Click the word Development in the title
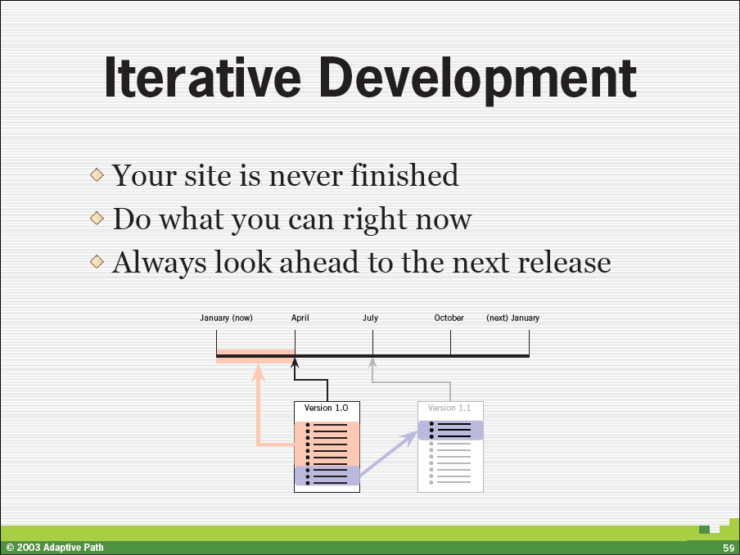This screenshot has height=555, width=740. click(x=478, y=79)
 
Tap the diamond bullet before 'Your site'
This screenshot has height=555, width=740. click(x=97, y=174)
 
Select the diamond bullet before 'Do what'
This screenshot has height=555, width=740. click(x=97, y=218)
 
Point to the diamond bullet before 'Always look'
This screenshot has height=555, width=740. click(x=97, y=261)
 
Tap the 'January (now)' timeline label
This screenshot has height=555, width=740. click(x=226, y=318)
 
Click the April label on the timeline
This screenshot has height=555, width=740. click(x=300, y=318)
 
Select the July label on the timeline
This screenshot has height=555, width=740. click(x=371, y=318)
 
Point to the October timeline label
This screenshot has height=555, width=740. click(x=449, y=318)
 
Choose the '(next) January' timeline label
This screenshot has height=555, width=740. click(x=512, y=318)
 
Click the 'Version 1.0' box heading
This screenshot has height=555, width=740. click(x=326, y=408)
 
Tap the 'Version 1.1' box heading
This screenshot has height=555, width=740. click(x=449, y=408)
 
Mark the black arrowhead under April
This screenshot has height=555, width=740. click(x=295, y=363)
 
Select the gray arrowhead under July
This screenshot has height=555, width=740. click(x=372, y=363)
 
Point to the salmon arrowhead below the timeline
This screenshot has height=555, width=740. click(x=258, y=372)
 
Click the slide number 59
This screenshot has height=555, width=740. click(x=729, y=548)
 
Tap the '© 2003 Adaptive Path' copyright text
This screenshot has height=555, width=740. click(x=55, y=548)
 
